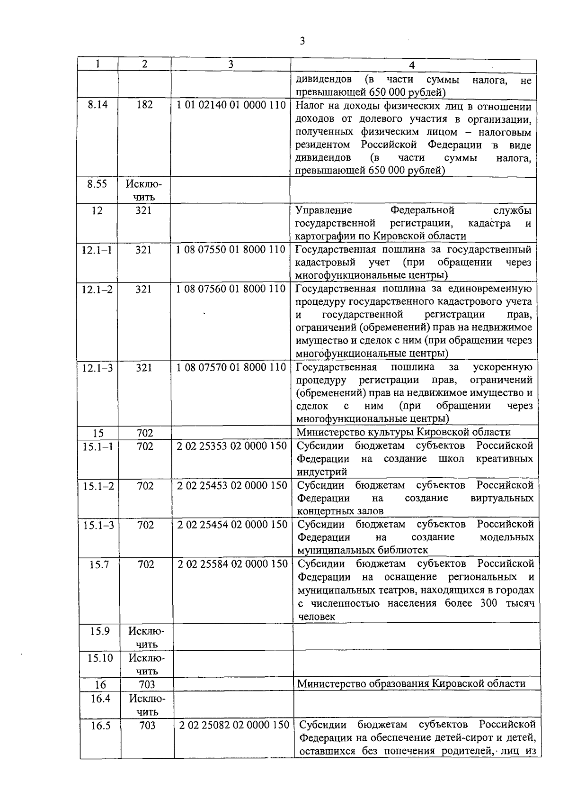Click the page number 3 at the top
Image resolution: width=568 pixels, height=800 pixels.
(302, 41)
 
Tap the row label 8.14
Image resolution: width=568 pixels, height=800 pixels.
(98, 105)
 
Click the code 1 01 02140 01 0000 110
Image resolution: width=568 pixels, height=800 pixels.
(231, 105)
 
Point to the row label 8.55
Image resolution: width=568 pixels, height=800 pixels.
(97, 184)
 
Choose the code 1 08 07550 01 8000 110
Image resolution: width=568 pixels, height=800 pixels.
(231, 250)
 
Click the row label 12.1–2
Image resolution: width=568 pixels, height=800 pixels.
(97, 289)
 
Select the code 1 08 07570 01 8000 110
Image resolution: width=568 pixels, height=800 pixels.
(231, 367)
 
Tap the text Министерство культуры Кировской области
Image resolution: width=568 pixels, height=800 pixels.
(403, 432)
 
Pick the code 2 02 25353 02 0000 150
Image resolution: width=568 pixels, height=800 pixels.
(232, 446)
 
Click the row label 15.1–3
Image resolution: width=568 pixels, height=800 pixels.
(98, 525)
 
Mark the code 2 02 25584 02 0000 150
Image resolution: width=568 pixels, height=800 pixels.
(233, 564)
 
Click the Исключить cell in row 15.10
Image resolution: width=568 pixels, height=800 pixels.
(146, 664)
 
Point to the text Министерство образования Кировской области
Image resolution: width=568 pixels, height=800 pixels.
(411, 683)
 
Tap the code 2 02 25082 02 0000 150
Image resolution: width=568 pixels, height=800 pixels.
(234, 725)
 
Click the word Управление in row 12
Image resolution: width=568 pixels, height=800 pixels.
(318, 210)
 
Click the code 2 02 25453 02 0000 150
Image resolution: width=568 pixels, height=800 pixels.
(232, 486)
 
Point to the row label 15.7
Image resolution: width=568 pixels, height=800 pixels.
(99, 564)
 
